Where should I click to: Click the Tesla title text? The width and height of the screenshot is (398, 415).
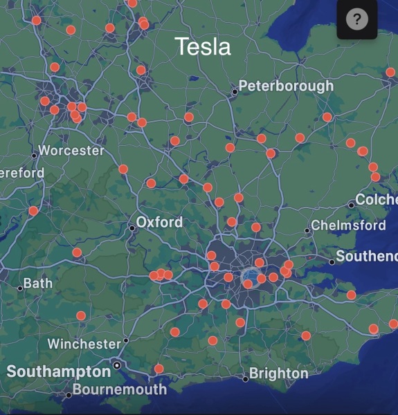pos(202,46)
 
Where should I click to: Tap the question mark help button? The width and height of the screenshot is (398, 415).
pos(357,19)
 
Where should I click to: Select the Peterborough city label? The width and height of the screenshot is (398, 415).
pos(287,86)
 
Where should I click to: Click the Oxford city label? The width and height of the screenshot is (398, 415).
pos(160,222)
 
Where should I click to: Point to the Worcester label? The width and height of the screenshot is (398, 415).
pos(72,150)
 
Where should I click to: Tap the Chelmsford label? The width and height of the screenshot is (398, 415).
pos(348,225)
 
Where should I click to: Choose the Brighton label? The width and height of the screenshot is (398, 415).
pos(279,373)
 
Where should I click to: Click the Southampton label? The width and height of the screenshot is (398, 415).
pos(59,372)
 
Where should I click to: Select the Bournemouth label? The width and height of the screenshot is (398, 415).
pos(120,389)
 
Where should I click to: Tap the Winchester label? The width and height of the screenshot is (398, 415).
pos(84,344)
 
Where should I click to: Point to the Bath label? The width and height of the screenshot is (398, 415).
pos(37,284)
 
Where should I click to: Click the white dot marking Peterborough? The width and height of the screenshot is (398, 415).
pos(235,91)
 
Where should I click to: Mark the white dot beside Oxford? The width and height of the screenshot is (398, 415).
pos(132,227)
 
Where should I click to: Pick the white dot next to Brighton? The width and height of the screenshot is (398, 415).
pos(245,378)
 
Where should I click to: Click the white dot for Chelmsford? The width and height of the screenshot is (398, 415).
pos(307,230)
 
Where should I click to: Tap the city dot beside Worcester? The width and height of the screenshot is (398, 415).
pos(34,155)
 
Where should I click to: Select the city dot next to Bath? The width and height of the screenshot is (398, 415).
pos(20,288)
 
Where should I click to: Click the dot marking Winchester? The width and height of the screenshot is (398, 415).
pos(125,340)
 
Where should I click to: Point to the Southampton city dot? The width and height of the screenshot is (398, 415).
pos(117,365)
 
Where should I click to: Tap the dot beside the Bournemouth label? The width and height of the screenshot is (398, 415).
pos(69,395)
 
